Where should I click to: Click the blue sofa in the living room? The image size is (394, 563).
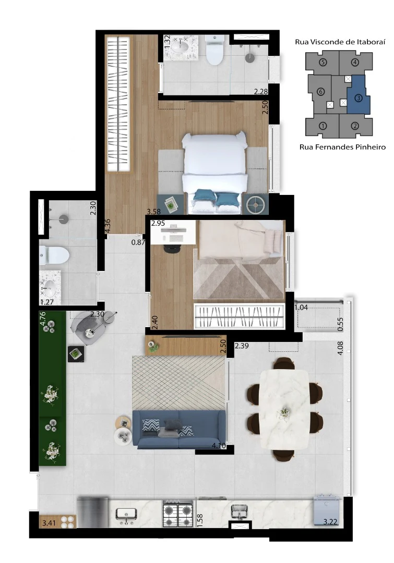[179, 429]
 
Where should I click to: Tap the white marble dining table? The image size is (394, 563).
[284, 409]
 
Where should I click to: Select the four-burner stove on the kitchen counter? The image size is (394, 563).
[178, 513]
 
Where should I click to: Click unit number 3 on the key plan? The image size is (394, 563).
[359, 97]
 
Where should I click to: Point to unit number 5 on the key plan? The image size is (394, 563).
[323, 62]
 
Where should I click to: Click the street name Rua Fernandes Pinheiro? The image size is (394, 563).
[342, 147]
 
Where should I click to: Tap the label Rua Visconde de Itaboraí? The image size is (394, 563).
[340, 42]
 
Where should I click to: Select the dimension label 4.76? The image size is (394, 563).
[43, 319]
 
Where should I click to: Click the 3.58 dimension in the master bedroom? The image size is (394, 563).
[153, 212]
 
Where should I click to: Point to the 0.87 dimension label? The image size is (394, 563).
[138, 242]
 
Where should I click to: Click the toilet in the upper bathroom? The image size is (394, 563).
[215, 50]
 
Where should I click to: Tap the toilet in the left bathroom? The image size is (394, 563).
[54, 255]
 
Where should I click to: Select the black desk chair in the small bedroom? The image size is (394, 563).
[173, 248]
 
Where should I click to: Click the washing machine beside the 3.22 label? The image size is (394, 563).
[326, 510]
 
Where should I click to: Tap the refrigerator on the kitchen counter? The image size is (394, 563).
[93, 512]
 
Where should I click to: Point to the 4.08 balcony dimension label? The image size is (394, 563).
[340, 348]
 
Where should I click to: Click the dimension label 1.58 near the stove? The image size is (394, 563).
[200, 521]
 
